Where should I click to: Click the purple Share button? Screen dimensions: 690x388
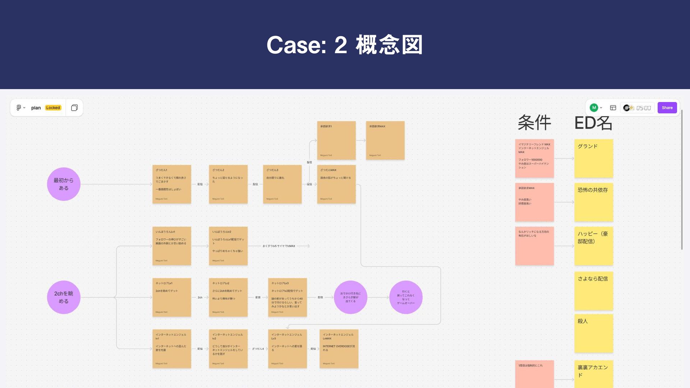click(667, 108)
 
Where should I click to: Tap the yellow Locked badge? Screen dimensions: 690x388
click(53, 108)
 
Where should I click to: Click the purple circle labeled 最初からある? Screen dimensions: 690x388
click(64, 184)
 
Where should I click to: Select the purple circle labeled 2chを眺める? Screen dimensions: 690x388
click(64, 297)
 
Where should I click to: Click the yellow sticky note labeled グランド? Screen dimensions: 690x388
click(593, 158)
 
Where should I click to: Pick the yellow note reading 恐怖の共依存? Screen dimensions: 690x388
click(593, 202)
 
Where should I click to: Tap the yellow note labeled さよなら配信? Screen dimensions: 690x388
click(593, 291)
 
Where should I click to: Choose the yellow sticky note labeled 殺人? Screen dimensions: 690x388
click(593, 333)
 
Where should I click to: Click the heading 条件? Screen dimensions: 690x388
click(534, 123)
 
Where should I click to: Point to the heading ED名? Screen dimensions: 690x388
click(593, 123)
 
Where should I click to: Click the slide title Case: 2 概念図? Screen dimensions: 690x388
click(344, 45)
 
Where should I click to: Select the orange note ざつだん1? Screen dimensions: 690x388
click(171, 184)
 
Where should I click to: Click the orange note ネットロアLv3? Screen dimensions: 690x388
click(287, 297)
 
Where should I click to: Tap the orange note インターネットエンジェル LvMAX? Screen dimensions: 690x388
click(339, 348)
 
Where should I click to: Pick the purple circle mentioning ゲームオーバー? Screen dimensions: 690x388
click(406, 297)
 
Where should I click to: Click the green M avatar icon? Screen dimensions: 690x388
click(594, 108)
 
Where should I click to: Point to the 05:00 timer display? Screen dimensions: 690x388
click(643, 108)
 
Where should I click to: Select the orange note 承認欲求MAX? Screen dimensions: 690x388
click(385, 140)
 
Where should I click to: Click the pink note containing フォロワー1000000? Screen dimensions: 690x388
click(534, 158)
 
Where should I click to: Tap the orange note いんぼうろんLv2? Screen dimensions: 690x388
click(228, 246)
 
